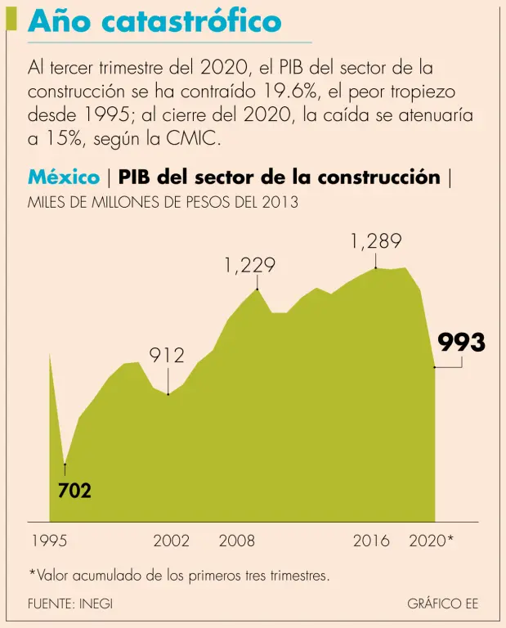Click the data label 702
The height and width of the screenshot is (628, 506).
click(x=74, y=491)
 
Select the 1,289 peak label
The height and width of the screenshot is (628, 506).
click(x=376, y=241)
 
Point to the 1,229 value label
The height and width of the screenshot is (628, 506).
click(x=249, y=266)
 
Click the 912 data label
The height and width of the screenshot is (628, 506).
click(x=167, y=355)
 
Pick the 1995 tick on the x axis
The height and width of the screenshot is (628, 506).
click(x=50, y=541)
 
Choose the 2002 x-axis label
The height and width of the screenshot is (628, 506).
click(x=172, y=541)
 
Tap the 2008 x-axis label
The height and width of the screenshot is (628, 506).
click(x=237, y=541)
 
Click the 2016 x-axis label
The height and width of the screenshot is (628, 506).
click(x=372, y=541)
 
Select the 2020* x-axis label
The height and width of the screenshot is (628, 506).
click(x=431, y=541)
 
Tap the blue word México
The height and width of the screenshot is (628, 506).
click(x=64, y=177)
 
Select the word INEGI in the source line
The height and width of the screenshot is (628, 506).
click(x=96, y=603)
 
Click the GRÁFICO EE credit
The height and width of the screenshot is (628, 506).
click(x=442, y=603)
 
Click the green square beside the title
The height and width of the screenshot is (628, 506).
click(x=11, y=18)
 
